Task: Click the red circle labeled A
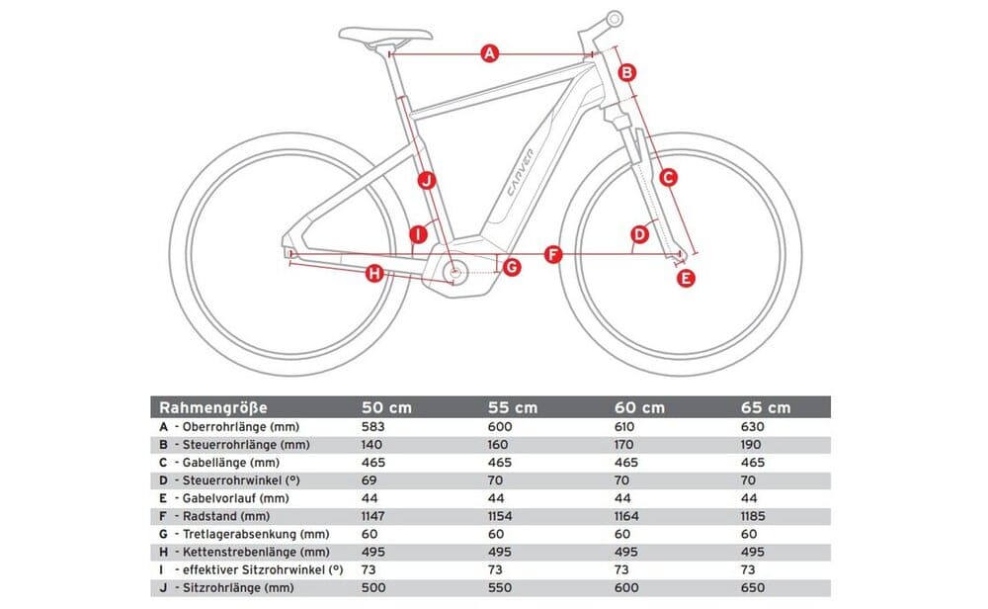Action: pos(488,53)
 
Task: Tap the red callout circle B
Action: pos(626,71)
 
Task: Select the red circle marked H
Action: pos(374,273)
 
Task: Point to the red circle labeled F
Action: pos(553,256)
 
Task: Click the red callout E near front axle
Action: pos(687,279)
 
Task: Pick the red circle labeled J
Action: pos(426,180)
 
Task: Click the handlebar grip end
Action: pos(614,18)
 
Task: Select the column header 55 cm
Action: pos(513,407)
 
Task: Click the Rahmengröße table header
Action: pos(213,407)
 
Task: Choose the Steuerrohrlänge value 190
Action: pos(755,445)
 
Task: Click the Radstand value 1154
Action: pos(504,516)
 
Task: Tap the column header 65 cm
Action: pos(767,407)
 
